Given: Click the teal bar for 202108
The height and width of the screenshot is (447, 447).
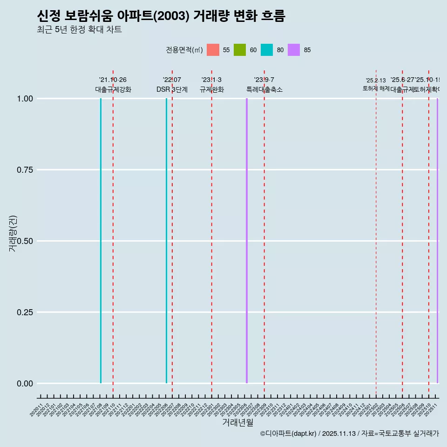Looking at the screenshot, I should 101,241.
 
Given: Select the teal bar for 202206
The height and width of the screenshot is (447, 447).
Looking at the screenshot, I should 166,241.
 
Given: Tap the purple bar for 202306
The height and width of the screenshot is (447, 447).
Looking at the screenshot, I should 247,241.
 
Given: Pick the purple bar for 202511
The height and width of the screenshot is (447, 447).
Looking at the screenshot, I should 437,241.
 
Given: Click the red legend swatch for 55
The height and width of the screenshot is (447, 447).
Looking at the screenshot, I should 213,50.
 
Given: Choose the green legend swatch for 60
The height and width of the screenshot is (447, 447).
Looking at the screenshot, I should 240,50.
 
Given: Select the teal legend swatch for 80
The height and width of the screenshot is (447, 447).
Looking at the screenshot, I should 267,50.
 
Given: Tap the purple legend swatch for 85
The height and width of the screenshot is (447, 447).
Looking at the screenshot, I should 294,50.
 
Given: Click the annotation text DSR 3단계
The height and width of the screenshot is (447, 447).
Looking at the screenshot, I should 172,90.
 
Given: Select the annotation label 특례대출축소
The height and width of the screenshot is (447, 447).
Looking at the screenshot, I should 264,90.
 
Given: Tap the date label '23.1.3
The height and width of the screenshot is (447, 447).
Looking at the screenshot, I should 211,80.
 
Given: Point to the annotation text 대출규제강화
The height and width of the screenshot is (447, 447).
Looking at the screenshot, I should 113,90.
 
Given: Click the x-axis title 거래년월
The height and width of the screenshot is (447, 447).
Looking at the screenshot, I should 237,423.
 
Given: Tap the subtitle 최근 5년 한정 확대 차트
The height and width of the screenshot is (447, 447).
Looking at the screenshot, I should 79,30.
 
